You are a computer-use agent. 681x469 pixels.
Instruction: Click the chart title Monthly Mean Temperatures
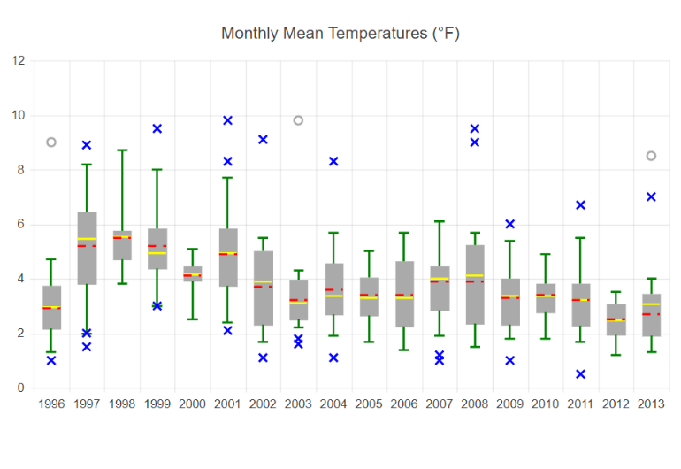340,34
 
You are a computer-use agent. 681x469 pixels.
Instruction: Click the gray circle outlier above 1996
51,142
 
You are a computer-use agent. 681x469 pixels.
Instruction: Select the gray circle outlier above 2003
298,120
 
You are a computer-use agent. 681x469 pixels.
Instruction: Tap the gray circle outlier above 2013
651,156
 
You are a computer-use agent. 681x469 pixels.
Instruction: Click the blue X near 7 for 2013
651,196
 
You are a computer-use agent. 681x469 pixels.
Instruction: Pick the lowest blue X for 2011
580,374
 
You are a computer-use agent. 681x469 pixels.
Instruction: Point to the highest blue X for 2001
227,120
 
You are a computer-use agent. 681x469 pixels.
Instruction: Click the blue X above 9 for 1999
157,128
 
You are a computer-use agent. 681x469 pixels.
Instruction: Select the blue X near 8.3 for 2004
333,161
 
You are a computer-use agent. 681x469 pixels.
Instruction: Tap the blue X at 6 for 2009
509,224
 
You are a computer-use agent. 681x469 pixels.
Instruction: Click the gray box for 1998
122,246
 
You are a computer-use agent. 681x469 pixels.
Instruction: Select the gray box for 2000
192,274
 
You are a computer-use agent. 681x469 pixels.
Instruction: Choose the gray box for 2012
616,320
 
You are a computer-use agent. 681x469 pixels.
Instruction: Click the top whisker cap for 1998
122,150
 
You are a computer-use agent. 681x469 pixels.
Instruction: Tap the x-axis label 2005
369,404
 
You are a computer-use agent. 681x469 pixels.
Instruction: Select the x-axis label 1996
51,404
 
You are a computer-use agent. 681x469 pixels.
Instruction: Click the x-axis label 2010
545,404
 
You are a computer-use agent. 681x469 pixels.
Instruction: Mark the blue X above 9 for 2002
263,140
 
